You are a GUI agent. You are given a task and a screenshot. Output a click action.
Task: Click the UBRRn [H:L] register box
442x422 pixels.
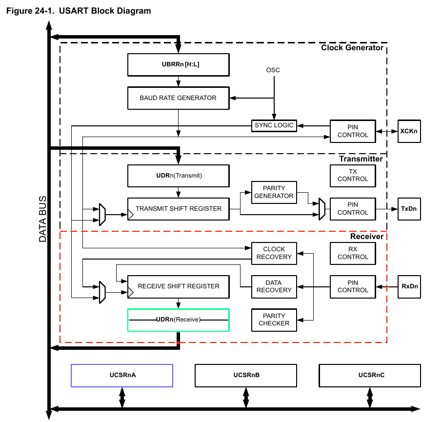point(178,64)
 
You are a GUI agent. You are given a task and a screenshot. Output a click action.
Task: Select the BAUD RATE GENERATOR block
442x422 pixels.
point(178,98)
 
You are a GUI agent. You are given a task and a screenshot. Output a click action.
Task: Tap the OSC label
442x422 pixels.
point(273,70)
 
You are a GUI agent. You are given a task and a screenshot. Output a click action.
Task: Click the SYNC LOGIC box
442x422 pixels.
point(274,125)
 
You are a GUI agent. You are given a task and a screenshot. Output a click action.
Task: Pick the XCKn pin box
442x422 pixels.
point(409,131)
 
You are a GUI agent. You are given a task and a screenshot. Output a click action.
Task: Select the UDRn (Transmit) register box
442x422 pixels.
point(178,176)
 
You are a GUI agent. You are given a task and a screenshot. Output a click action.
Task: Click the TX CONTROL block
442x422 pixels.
point(353,176)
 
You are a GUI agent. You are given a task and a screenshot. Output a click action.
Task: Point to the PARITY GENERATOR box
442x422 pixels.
point(274,192)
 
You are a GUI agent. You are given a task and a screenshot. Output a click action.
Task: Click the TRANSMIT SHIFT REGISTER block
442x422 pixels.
point(178,209)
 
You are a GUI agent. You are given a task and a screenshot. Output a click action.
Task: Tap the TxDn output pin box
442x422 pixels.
point(409,209)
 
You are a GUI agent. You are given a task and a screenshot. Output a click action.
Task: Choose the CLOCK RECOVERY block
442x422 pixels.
point(274,253)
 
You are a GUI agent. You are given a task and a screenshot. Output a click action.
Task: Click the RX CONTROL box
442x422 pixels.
point(353,253)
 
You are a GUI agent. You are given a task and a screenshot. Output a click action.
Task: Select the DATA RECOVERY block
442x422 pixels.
point(274,286)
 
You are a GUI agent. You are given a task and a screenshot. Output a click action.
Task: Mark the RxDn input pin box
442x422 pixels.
point(409,286)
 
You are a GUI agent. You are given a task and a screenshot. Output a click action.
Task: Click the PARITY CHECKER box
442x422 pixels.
point(274,320)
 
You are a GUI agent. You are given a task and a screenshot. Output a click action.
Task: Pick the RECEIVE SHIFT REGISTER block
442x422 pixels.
point(178,286)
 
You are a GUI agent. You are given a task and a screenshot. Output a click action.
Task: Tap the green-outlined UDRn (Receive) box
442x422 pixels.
point(178,320)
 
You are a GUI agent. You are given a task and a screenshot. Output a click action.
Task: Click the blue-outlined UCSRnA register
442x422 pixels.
point(122,376)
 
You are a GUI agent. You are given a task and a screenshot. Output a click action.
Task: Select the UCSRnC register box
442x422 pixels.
point(369,376)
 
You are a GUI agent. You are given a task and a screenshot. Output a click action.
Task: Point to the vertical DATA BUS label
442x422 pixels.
point(43,220)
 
